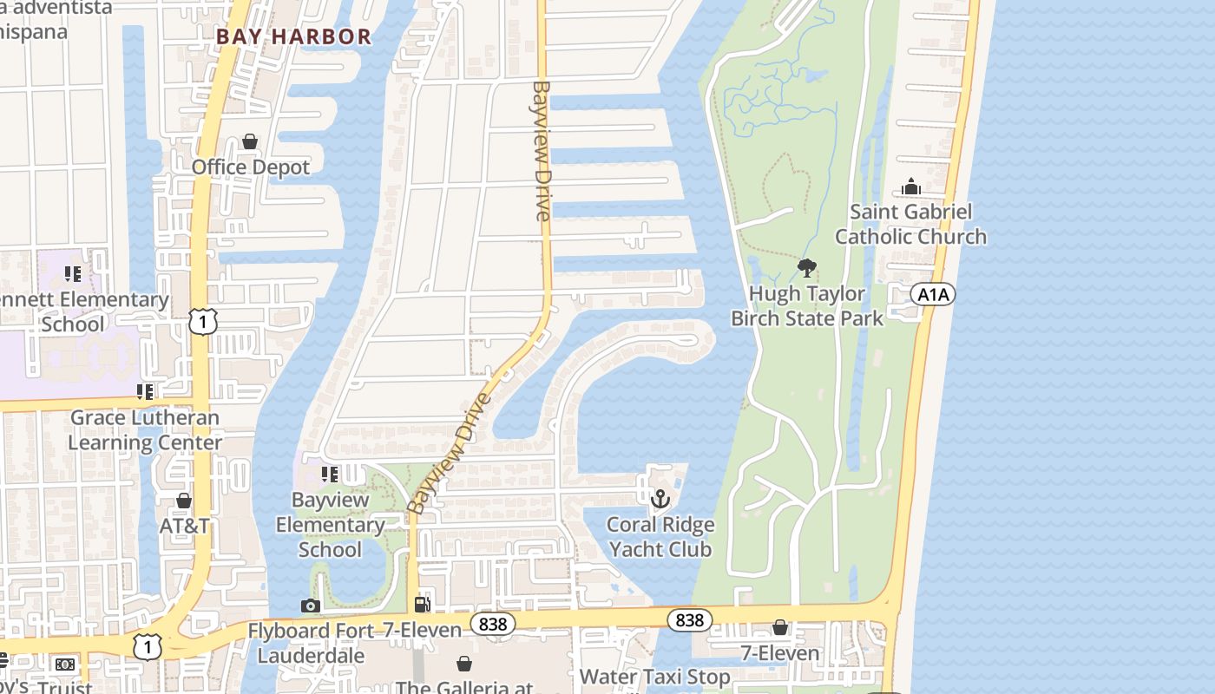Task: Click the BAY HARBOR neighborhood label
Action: (293, 36)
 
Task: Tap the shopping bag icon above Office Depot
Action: (250, 141)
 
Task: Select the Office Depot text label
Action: (250, 167)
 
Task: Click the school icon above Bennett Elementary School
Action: (73, 275)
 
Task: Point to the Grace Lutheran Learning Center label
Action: (145, 429)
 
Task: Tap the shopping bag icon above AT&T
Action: (184, 501)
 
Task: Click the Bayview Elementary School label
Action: (330, 524)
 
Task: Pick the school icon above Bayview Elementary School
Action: (330, 475)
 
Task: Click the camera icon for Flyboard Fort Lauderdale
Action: (311, 606)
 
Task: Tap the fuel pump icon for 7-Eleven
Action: (423, 605)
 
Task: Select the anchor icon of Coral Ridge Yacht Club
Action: (660, 499)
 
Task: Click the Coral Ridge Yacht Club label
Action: (660, 536)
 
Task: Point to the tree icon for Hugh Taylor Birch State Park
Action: (807, 268)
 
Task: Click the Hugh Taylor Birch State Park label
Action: (807, 305)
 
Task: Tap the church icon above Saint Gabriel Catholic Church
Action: (910, 187)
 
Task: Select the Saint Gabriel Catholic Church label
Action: (910, 224)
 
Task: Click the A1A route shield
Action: (933, 295)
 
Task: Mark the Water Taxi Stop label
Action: (654, 677)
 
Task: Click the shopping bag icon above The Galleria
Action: (464, 664)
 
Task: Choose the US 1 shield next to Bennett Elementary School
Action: (202, 323)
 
